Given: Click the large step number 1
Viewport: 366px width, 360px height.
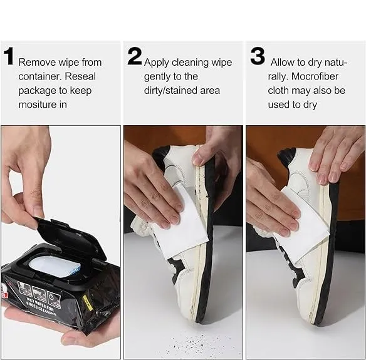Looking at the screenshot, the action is coord(9,56).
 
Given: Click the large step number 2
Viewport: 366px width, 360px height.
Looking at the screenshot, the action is coord(135,56).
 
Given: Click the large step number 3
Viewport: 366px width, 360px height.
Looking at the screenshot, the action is coord(258,56).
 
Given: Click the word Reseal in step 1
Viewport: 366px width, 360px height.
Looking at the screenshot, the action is coord(80,76).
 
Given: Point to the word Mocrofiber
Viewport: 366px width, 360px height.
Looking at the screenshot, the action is coord(315,76).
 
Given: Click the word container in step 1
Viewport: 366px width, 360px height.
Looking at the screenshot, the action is coord(39,76).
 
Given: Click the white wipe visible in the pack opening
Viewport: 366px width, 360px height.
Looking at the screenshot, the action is coord(55,267).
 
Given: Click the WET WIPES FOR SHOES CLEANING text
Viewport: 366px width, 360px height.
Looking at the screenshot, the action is coord(41,306).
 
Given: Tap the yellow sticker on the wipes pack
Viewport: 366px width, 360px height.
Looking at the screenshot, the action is coord(87,303).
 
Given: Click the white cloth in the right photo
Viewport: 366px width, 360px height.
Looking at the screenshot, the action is coord(303,229).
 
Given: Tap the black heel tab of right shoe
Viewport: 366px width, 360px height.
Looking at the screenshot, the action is coord(286,155).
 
